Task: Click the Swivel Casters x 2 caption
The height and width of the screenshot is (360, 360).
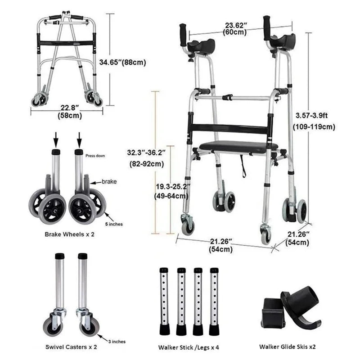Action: click(71, 347)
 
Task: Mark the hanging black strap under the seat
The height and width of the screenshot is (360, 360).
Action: click(243, 164)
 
